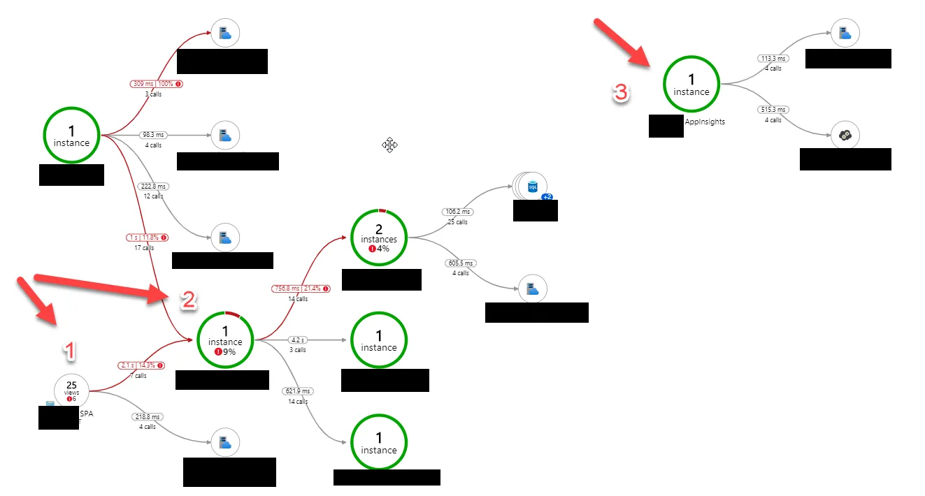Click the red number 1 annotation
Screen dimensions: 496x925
tap(70, 351)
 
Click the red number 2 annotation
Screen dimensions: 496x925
tap(188, 300)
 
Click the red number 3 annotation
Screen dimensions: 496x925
tap(622, 93)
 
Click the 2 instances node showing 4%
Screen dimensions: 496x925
tap(378, 238)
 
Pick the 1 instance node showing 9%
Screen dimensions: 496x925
tap(224, 340)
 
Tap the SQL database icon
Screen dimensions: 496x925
tap(532, 187)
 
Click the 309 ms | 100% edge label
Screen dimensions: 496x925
tap(157, 84)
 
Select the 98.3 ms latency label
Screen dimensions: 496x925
tap(153, 135)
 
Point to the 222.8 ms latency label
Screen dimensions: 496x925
tap(153, 187)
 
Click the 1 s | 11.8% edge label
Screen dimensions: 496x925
tap(147, 238)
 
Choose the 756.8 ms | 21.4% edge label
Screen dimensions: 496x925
tap(301, 289)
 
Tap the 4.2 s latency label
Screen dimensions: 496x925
tap(298, 340)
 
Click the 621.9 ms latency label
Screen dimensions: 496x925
tap(298, 391)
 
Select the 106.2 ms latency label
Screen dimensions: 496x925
tap(457, 212)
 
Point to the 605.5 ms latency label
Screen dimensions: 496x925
tap(460, 263)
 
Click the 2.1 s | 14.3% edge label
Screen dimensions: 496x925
tap(141, 365)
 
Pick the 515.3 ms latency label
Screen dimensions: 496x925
tap(773, 110)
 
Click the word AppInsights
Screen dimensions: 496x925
tap(705, 122)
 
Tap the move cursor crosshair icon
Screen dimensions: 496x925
tap(389, 145)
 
